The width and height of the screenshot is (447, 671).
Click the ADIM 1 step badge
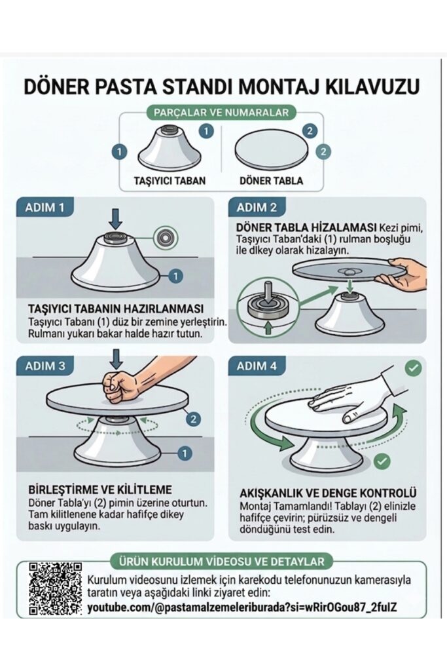tap(45, 208)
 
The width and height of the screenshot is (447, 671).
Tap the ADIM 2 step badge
tap(257, 208)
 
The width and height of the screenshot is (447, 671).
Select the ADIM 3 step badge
tap(45, 366)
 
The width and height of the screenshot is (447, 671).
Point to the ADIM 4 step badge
tap(257, 366)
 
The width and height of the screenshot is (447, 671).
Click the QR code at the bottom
tap(55, 589)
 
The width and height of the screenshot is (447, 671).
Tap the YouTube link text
tap(242, 607)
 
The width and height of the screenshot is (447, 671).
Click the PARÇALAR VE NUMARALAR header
tap(221, 113)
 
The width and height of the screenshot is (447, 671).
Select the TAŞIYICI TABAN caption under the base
tap(170, 181)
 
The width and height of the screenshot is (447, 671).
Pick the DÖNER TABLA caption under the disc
tap(271, 181)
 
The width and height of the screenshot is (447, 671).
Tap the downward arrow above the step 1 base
tap(115, 219)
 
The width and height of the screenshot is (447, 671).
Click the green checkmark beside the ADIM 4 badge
tap(413, 368)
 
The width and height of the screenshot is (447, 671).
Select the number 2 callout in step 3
tap(194, 418)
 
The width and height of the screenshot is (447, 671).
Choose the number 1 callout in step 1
tap(175, 276)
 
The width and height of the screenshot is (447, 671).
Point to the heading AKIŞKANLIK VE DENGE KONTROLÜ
tap(328, 493)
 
